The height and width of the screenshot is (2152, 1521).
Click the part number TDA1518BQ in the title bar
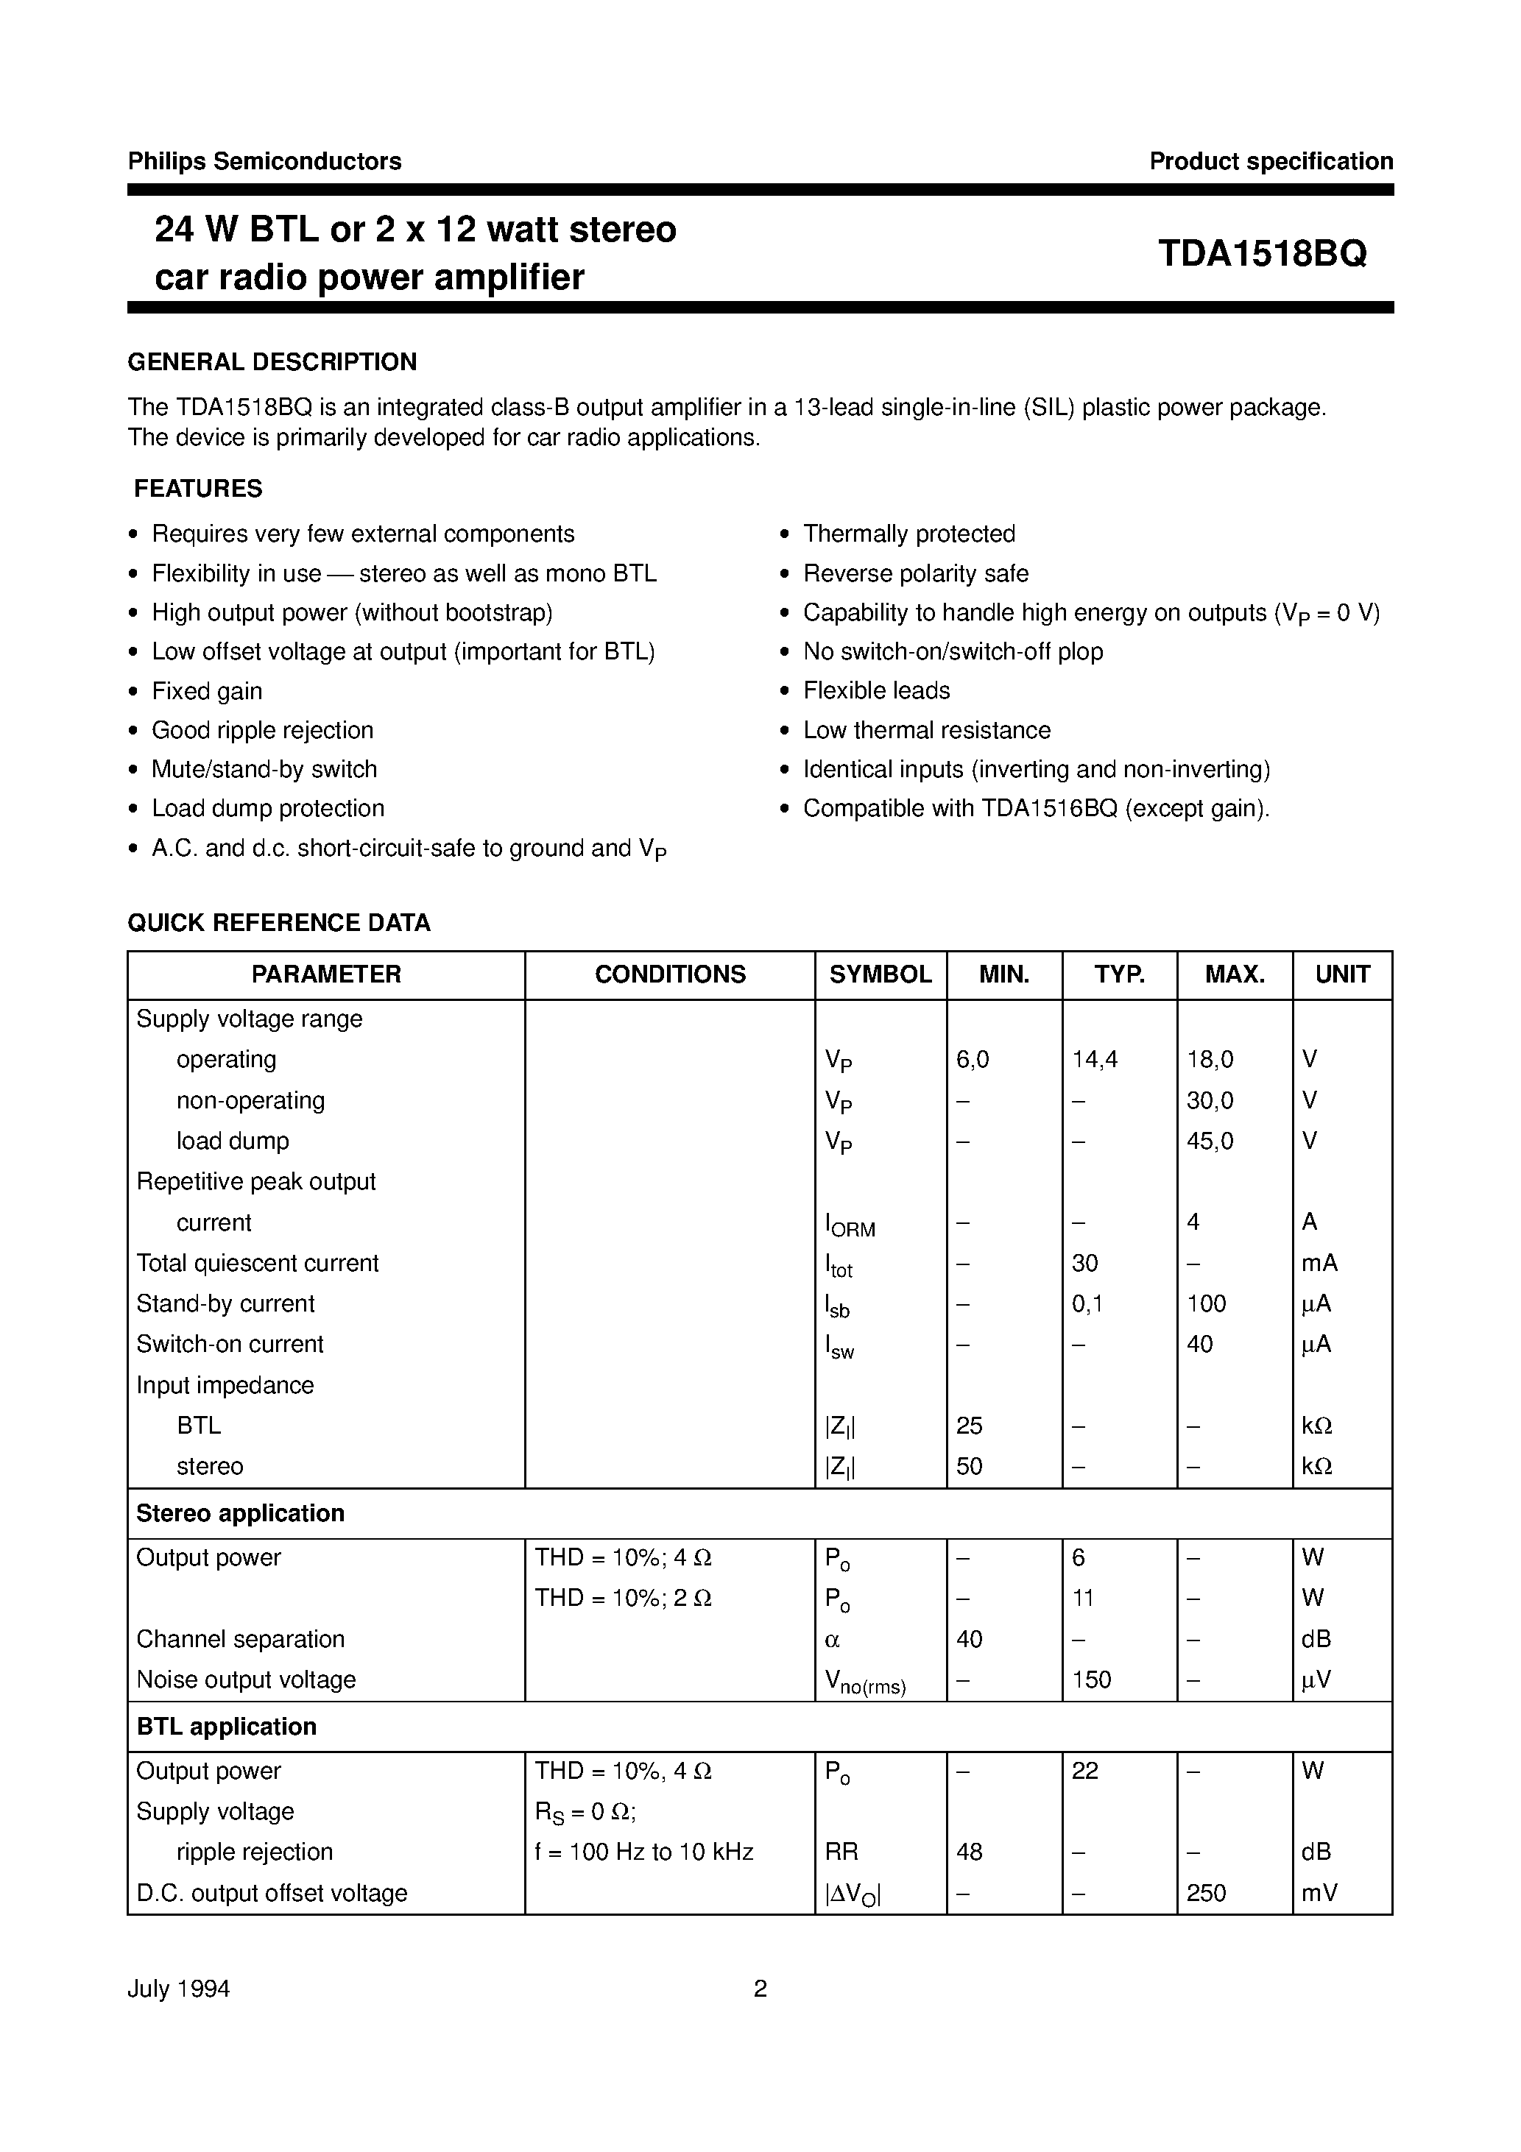click(1261, 253)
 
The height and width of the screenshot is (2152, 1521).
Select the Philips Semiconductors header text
click(264, 161)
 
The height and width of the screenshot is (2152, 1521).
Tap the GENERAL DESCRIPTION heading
click(272, 362)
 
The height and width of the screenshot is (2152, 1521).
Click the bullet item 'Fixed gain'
click(206, 691)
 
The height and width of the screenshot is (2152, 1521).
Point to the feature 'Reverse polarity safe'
click(915, 573)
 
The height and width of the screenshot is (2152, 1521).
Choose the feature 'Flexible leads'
click(876, 691)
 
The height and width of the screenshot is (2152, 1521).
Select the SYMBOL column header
click(880, 974)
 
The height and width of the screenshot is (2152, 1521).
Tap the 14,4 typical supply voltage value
click(1094, 1059)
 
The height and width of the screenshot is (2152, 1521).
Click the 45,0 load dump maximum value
click(1210, 1141)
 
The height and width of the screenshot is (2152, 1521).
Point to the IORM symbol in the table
click(850, 1224)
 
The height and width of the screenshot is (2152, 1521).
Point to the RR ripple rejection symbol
click(841, 1851)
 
